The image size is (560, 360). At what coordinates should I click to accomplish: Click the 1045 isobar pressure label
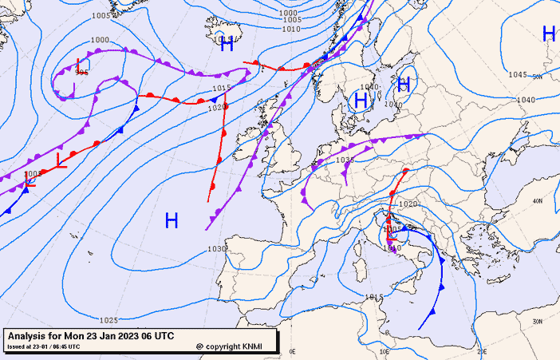pyautogui.click(x=519, y=75)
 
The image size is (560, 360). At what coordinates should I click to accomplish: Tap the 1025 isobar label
pyautogui.click(x=109, y=320)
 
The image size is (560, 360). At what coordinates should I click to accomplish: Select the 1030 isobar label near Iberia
pyautogui.click(x=218, y=249)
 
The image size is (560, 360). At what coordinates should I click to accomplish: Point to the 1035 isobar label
pyautogui.click(x=345, y=160)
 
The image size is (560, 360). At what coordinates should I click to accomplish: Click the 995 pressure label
pyautogui.click(x=81, y=72)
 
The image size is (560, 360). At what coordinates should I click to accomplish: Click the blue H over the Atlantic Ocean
pyautogui.click(x=171, y=220)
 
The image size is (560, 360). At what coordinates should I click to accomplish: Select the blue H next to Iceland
pyautogui.click(x=227, y=45)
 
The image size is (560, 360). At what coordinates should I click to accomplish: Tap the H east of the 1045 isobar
pyautogui.click(x=548, y=34)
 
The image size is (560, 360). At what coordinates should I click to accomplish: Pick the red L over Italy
pyautogui.click(x=391, y=235)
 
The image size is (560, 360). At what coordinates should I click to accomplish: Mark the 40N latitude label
pyautogui.click(x=538, y=201)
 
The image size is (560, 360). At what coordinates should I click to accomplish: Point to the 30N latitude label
pyautogui.click(x=538, y=321)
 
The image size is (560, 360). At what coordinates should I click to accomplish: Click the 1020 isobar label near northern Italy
pyautogui.click(x=407, y=204)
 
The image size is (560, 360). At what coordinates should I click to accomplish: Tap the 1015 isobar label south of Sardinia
pyautogui.click(x=373, y=298)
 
